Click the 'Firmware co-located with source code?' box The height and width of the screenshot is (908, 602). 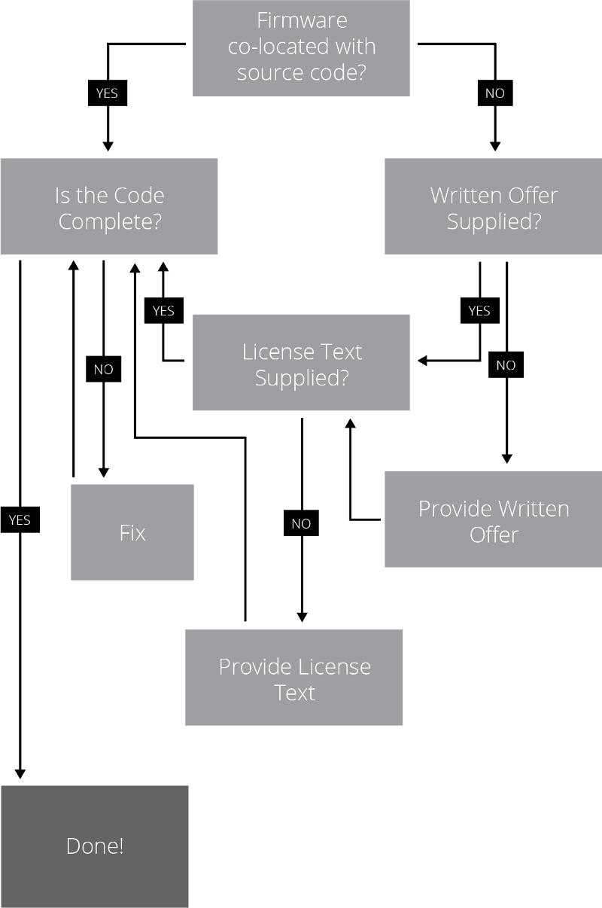(x=301, y=47)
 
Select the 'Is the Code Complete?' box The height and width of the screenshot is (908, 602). (x=109, y=206)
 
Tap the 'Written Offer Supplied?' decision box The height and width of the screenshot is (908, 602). (x=493, y=206)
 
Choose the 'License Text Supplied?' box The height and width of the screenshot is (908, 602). (x=301, y=363)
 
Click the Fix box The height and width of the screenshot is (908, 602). (x=132, y=532)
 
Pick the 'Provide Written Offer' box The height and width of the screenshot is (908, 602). (x=493, y=520)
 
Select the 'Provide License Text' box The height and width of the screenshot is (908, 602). (x=294, y=678)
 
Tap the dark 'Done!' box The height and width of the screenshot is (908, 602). (x=95, y=846)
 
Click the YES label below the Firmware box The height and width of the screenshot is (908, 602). (x=108, y=93)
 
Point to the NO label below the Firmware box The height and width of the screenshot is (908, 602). (x=495, y=93)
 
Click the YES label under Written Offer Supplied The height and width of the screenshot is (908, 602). (x=479, y=310)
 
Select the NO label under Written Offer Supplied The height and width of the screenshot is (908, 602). (x=506, y=365)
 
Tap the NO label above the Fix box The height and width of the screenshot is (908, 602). (x=103, y=370)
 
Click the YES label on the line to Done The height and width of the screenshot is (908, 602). (x=20, y=520)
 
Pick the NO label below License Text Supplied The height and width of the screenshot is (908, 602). (x=301, y=524)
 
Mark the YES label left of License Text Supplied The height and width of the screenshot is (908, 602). (x=163, y=310)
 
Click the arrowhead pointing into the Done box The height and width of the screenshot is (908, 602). (x=20, y=773)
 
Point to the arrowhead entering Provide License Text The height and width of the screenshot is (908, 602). (x=302, y=616)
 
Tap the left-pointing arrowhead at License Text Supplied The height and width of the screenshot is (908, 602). (x=423, y=361)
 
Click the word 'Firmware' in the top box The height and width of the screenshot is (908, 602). (x=301, y=20)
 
